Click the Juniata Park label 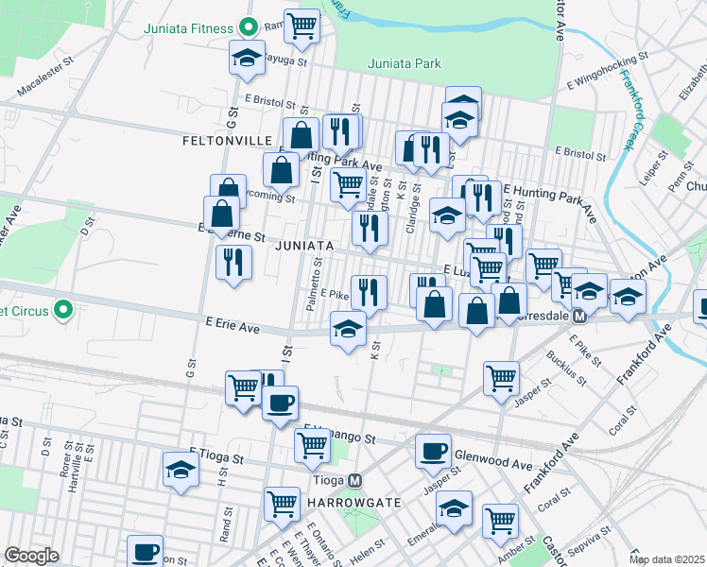pos(404,64)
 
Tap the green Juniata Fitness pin pos(249,27)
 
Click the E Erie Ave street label pos(233,325)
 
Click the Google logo pos(31,556)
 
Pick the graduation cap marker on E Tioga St pos(181,469)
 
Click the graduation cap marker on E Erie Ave pos(348,329)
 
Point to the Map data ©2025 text pos(666,559)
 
